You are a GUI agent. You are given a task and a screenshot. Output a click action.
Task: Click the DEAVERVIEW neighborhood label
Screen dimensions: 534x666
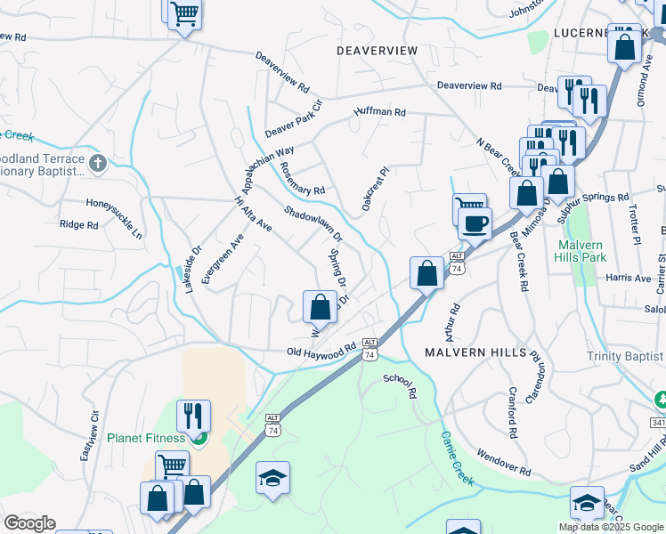click(377, 52)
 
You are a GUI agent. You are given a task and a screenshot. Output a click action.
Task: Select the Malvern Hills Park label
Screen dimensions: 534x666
click(581, 251)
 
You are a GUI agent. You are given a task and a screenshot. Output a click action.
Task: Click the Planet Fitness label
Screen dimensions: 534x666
click(146, 438)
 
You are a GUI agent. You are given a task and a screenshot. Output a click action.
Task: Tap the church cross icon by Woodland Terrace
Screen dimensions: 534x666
click(98, 164)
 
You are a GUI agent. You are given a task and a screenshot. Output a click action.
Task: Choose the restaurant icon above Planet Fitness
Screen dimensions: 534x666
click(193, 415)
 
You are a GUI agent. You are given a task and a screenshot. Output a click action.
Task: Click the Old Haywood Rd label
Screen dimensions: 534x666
click(321, 352)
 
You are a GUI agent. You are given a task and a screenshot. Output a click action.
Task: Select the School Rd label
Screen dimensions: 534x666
click(400, 384)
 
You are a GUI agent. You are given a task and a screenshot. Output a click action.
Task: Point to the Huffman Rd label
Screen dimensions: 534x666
click(379, 112)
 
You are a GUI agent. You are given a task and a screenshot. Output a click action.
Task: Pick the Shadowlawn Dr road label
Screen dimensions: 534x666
click(313, 223)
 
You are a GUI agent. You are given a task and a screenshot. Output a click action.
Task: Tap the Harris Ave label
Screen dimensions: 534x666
click(628, 278)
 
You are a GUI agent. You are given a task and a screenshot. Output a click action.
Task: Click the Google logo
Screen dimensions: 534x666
click(28, 523)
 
